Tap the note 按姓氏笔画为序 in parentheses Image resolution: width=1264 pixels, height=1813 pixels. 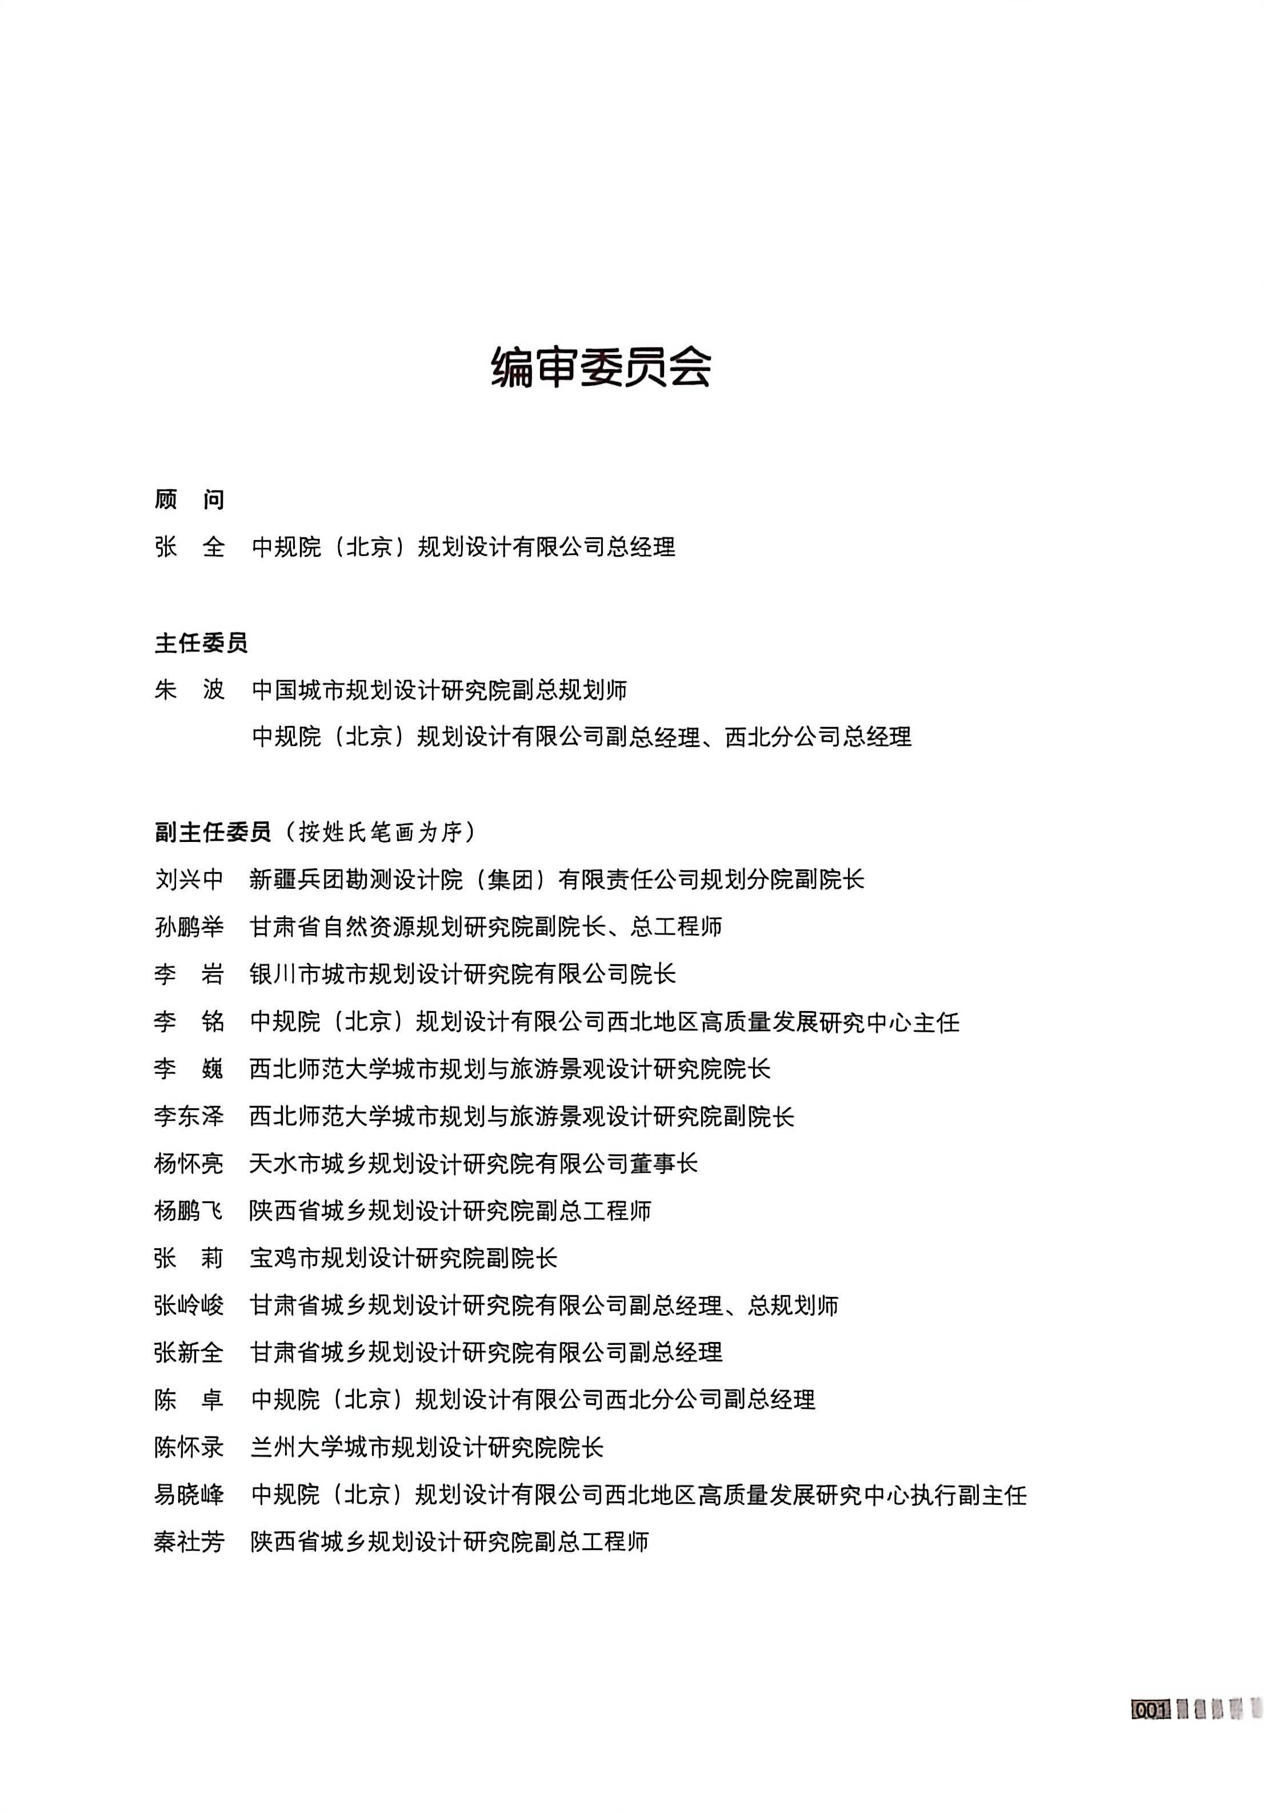[379, 832]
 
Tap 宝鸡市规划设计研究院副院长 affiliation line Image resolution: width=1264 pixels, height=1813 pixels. [403, 1258]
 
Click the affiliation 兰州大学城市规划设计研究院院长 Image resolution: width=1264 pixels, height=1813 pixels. [427, 1447]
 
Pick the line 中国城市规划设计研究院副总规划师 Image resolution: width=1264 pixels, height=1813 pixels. [439, 690]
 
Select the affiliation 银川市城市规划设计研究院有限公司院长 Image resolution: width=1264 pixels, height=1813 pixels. [463, 973]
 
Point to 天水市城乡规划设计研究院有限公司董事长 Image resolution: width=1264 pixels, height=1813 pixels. [474, 1163]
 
